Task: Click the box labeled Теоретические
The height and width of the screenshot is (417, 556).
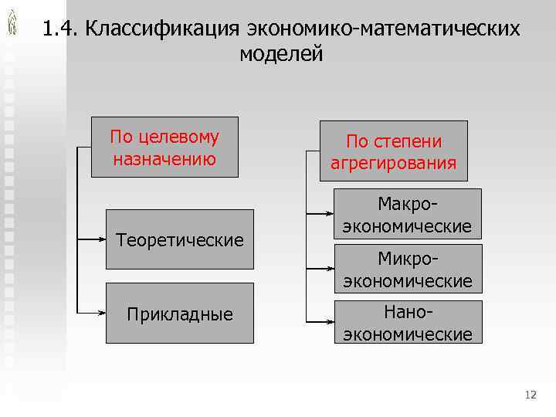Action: (179, 239)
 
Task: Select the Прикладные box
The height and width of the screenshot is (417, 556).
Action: (179, 314)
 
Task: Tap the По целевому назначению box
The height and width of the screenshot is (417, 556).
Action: (164, 147)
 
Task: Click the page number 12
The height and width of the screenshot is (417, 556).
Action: (530, 395)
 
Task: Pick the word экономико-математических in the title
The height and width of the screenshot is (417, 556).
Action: (384, 29)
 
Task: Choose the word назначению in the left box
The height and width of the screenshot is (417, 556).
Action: (164, 159)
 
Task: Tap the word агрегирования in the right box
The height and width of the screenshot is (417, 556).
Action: (394, 164)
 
